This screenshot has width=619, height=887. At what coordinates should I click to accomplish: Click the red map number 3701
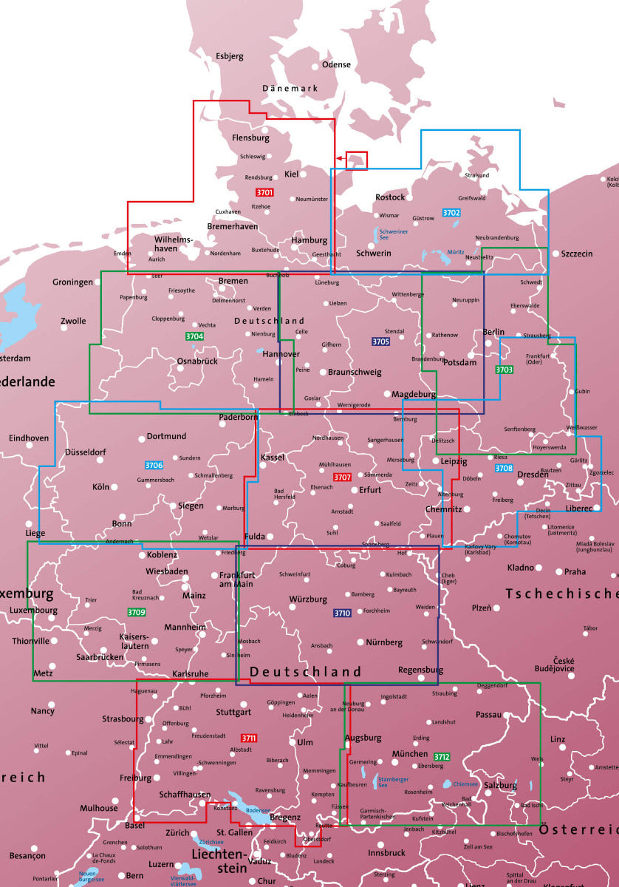264,193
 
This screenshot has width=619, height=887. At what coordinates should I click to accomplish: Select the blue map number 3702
451,213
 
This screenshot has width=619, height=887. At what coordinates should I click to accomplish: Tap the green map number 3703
504,370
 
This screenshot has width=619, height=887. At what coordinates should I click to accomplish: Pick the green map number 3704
194,336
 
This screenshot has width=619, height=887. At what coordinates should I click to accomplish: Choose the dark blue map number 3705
380,341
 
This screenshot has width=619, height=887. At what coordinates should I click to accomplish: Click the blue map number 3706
154,465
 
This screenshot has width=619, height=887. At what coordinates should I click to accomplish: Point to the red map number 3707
342,478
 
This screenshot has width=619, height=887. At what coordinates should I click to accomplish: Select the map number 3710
341,613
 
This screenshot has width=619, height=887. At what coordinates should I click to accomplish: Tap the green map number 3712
442,757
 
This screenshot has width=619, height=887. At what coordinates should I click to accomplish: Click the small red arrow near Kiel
340,157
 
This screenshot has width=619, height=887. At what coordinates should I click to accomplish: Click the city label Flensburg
250,137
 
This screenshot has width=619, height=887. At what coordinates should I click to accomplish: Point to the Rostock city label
390,197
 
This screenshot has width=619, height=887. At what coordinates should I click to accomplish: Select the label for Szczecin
576,254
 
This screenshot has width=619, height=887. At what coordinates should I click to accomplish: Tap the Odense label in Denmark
336,64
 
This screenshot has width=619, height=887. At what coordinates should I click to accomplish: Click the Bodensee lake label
259,810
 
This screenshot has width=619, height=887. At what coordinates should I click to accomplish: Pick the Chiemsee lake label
465,784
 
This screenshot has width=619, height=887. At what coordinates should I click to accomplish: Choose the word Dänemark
290,89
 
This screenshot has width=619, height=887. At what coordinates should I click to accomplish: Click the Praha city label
575,571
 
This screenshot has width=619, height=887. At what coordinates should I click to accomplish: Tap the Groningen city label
72,282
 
